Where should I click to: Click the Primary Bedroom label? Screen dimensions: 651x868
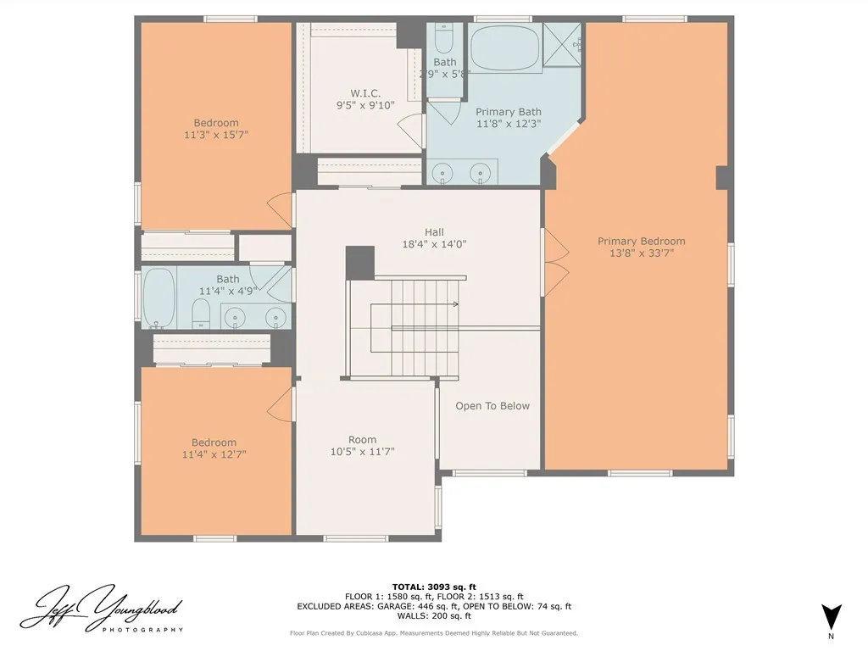click(641, 242)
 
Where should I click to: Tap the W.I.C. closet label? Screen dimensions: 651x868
click(365, 93)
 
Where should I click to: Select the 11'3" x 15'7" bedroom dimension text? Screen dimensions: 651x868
click(215, 135)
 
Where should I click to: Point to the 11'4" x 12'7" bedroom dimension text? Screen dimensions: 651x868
click(214, 455)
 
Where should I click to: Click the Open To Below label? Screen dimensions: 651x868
click(492, 406)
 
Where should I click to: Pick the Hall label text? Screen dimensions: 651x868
click(434, 232)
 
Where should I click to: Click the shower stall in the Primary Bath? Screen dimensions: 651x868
click(562, 42)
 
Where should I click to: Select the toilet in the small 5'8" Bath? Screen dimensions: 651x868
click(443, 39)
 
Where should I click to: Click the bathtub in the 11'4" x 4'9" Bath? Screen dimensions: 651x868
click(159, 298)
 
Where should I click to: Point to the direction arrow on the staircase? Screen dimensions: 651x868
click(454, 303)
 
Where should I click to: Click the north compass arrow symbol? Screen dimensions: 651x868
click(831, 616)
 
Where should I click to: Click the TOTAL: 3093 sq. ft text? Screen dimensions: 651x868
click(434, 587)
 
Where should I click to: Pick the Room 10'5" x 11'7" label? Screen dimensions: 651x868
click(362, 445)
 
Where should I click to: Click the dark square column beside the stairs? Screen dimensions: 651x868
click(359, 261)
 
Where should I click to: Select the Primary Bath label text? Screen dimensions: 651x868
click(508, 112)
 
